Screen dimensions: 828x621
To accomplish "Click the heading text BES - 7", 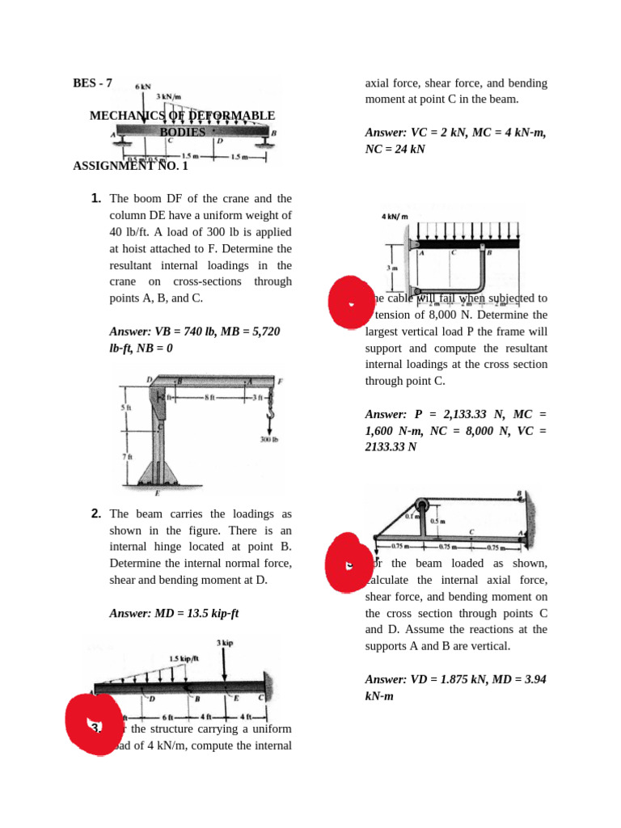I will coord(92,83).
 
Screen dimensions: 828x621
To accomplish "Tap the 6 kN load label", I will coord(143,86).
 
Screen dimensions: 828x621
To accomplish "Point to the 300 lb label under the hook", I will coord(269,441).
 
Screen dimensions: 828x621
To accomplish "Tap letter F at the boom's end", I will coord(280,381).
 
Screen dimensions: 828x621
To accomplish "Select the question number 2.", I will coord(95,513).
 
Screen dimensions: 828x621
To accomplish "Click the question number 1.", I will coord(95,198).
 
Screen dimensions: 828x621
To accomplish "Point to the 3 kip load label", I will coord(225,642).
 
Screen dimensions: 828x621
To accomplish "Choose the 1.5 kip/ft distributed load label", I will coord(184,658).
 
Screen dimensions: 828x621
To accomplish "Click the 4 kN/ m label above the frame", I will coord(395,217).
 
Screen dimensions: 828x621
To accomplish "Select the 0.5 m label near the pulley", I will coord(438,522).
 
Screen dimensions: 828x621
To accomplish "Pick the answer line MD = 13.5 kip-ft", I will coord(174,613).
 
